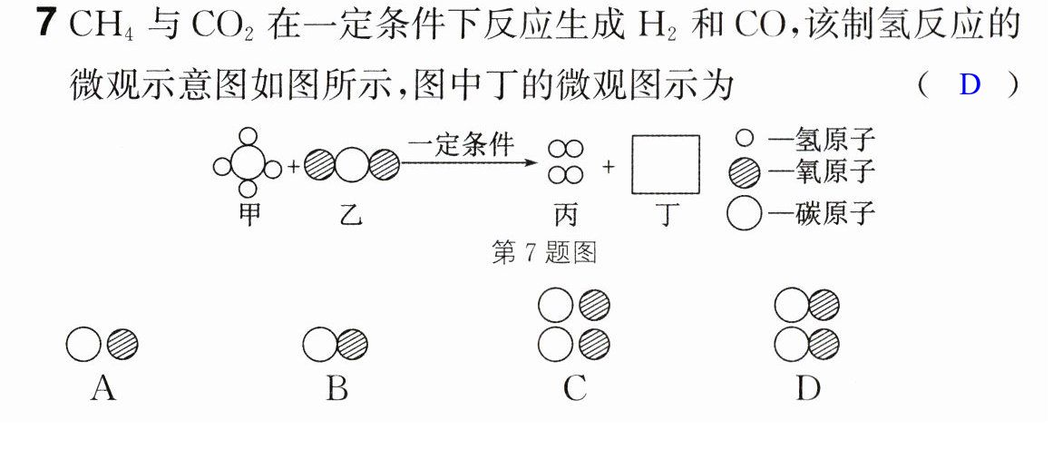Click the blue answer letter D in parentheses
[970, 85]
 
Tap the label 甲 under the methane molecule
[249, 215]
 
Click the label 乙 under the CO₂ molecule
[351, 215]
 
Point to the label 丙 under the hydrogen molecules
[564, 215]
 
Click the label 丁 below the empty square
[665, 215]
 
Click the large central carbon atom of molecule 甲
[248, 165]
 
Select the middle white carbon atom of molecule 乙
[352, 165]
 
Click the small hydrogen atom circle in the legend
[744, 139]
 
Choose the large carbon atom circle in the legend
[744, 215]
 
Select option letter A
[102, 388]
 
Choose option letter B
[337, 388]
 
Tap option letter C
[575, 388]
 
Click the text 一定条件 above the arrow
[461, 144]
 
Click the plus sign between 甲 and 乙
[293, 167]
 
